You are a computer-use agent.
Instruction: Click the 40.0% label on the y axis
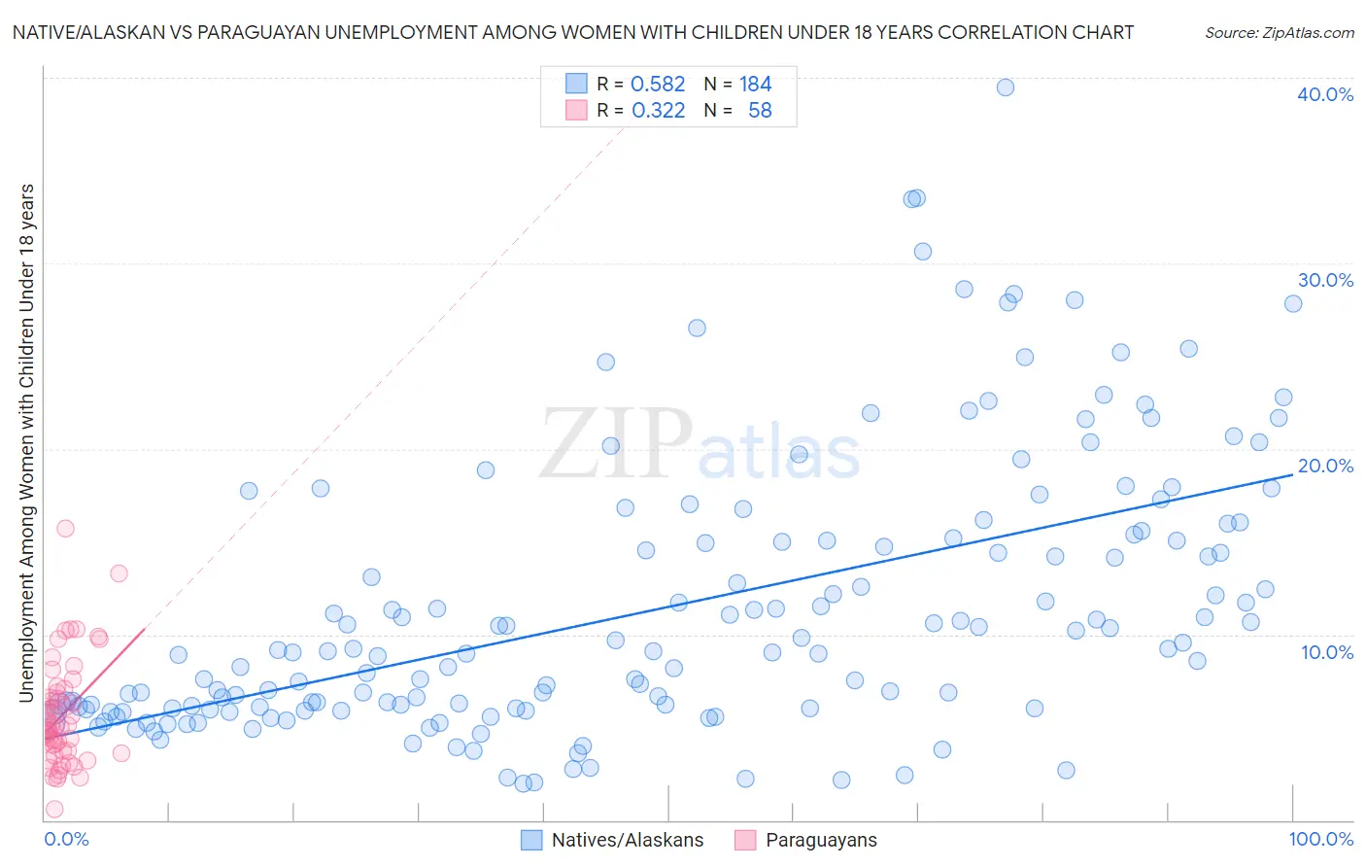[1325, 94]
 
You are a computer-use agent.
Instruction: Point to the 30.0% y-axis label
[1325, 280]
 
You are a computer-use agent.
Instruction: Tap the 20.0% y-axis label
[1325, 466]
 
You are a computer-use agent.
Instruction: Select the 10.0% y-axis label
[1327, 652]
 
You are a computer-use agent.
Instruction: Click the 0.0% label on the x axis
[66, 839]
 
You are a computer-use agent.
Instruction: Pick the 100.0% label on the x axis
[1320, 839]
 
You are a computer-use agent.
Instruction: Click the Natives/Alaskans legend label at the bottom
[628, 840]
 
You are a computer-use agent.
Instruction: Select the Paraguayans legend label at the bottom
[821, 840]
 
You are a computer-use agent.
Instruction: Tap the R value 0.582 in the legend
[658, 85]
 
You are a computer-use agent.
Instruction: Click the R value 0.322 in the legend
[658, 111]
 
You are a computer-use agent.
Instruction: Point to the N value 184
[755, 85]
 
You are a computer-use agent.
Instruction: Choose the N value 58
[760, 111]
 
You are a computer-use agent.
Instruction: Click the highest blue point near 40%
[1006, 87]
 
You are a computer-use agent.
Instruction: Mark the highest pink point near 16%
[65, 529]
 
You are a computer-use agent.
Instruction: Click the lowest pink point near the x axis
[54, 810]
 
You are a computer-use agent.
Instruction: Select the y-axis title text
[26, 442]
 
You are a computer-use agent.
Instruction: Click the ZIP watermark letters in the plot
[616, 445]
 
